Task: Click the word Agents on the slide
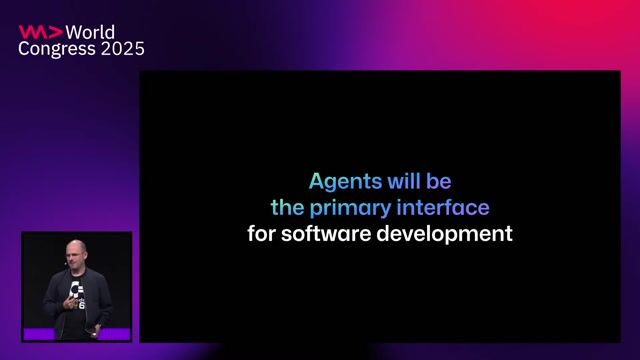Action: tap(344, 182)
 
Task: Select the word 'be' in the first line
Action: tap(440, 182)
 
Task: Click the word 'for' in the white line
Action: tap(262, 235)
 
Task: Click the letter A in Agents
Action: tap(316, 182)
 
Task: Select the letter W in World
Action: tap(73, 32)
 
